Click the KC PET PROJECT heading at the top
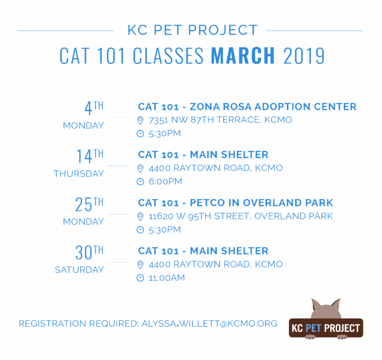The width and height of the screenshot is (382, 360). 192,31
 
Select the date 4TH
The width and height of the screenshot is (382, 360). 94,108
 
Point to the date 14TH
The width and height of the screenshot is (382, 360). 90,156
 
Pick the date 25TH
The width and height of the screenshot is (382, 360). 89,204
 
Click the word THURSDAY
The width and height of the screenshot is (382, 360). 79,174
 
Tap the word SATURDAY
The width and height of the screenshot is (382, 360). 79,270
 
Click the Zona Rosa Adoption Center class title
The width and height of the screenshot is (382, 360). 247,106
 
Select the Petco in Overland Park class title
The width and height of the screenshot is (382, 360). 235,202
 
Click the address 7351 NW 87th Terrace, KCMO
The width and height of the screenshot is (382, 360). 220,120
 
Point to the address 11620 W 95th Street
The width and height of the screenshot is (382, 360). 241,216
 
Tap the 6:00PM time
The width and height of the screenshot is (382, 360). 165,181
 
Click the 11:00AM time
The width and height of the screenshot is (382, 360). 167,278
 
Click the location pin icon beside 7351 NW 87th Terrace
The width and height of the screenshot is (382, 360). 140,120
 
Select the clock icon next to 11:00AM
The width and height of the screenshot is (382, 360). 140,278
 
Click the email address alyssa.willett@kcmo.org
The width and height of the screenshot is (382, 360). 209,324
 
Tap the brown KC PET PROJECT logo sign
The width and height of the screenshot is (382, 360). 326,328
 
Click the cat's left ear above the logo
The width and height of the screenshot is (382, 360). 316,306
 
